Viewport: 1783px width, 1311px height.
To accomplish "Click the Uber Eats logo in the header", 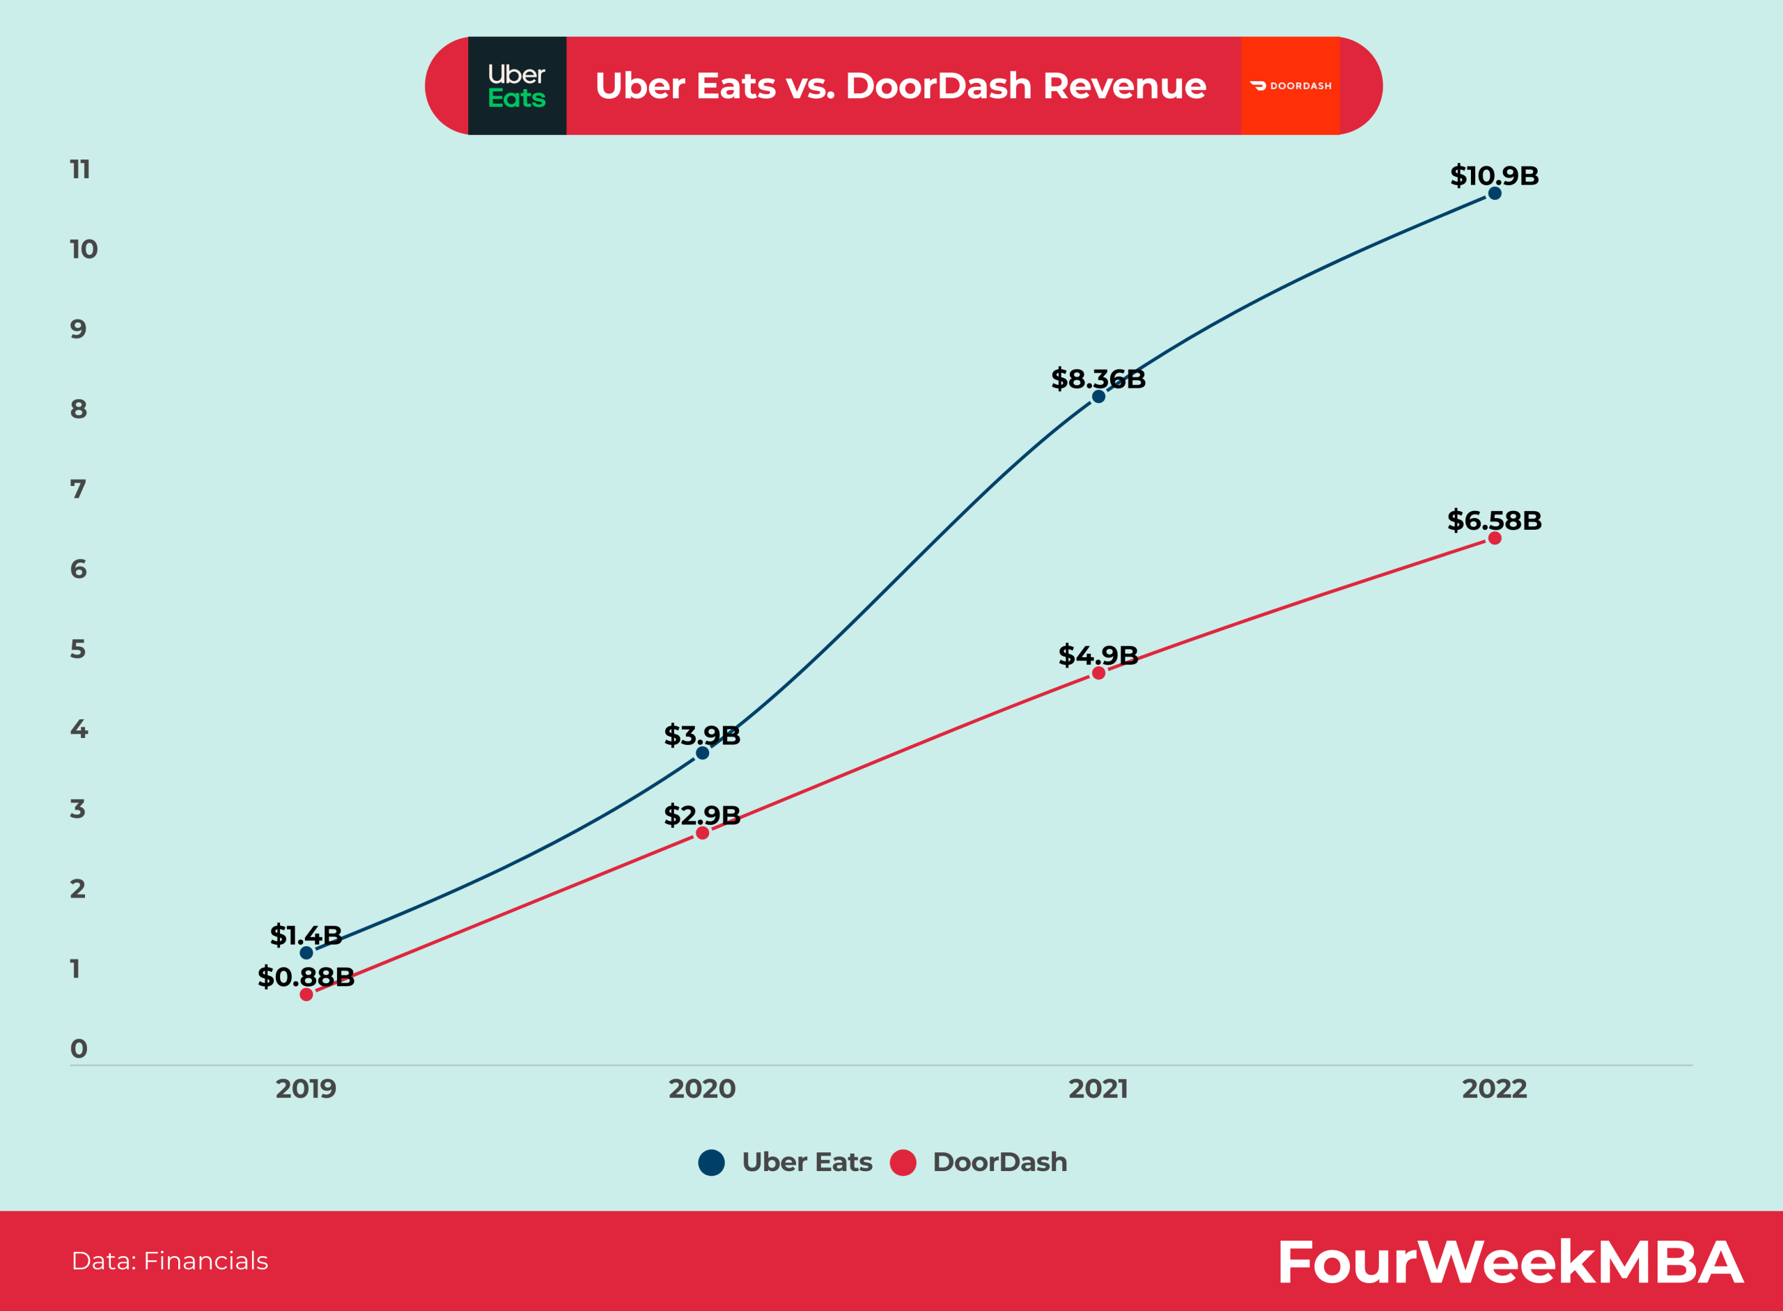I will [517, 86].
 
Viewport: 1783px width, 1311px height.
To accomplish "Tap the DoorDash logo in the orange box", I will [1290, 86].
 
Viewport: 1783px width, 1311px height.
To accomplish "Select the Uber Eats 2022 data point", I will [1494, 194].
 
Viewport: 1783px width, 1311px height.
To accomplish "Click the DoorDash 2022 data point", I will [1494, 538].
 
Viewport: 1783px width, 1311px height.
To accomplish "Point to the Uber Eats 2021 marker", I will [1098, 396].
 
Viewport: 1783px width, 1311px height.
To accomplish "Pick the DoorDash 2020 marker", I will [702, 833].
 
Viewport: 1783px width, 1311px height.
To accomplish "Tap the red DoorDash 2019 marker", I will [306, 994].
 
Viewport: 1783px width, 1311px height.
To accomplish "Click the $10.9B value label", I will [1494, 175].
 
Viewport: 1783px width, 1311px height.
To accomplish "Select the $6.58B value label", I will [1494, 521].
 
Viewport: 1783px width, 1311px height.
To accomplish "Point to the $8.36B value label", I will [1098, 379].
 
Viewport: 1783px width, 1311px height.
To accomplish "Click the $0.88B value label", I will [306, 976].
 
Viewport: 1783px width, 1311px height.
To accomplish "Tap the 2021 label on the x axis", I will [1098, 1089].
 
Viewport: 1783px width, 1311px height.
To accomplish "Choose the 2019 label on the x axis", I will [306, 1089].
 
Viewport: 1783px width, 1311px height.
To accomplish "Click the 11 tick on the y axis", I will [80, 169].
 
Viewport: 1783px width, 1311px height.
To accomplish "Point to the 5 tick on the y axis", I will [78, 649].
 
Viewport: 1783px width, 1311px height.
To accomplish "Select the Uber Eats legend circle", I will [711, 1163].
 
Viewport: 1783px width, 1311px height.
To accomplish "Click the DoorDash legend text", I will [999, 1163].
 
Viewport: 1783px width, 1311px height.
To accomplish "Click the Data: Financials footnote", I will [170, 1261].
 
